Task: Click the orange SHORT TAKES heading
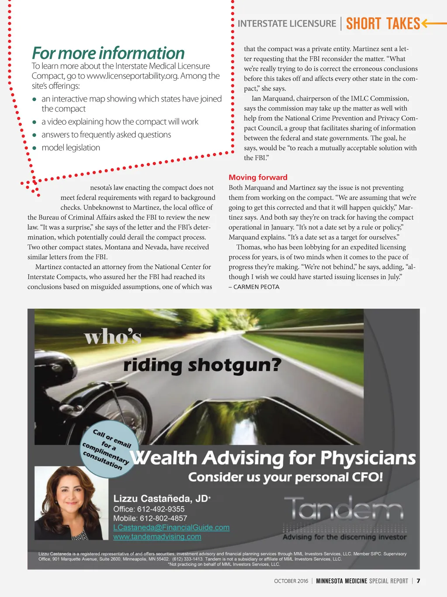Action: tap(383, 24)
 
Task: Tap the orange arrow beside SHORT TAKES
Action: tap(433, 23)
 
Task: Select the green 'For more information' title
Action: tap(108, 53)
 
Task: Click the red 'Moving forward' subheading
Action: tap(258, 177)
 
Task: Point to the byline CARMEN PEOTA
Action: tap(256, 287)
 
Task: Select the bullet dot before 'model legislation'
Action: tap(34, 148)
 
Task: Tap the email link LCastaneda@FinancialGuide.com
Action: tap(171, 527)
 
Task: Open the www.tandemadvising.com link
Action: tap(157, 537)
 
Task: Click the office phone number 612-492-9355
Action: tap(161, 509)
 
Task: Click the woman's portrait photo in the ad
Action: tap(71, 503)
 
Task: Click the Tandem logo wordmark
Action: tap(344, 509)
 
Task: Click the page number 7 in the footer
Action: tap(418, 581)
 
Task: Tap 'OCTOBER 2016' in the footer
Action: tap(291, 581)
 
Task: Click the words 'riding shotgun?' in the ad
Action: tap(202, 365)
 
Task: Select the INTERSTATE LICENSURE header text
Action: tap(287, 24)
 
